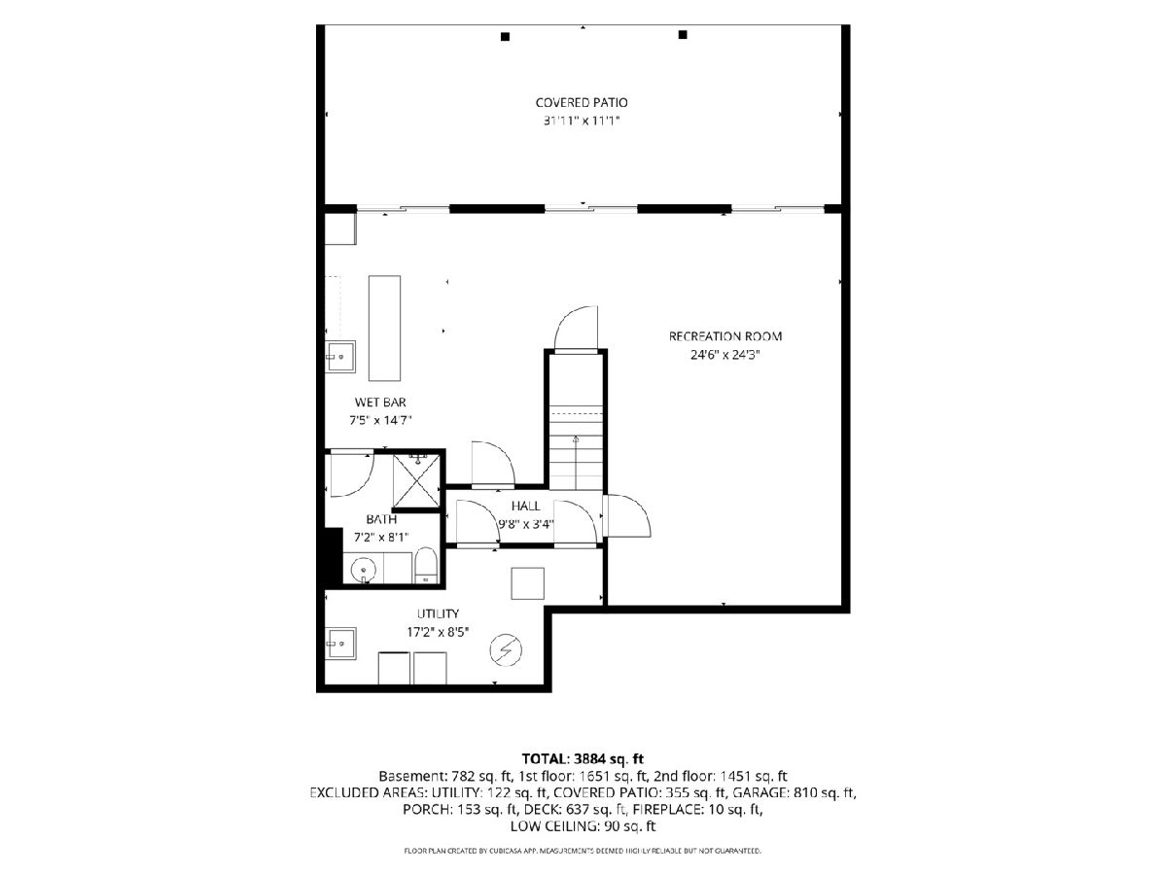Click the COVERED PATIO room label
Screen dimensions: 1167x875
(582, 102)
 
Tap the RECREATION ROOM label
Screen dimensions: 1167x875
(725, 336)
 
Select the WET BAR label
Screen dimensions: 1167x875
(380, 402)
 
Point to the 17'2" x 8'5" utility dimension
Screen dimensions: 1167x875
(438, 632)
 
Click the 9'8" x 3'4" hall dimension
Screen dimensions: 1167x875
(526, 524)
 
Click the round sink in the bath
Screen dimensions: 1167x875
(364, 570)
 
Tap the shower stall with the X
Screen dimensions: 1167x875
(417, 481)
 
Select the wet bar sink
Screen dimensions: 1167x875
(340, 357)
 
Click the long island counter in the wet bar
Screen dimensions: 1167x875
(384, 329)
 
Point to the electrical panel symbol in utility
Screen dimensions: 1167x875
(506, 650)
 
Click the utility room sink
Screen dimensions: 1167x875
(340, 644)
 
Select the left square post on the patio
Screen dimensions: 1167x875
(505, 37)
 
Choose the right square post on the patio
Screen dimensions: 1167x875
(683, 35)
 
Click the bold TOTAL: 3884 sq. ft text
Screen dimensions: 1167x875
(583, 758)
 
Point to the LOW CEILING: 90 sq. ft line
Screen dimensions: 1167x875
(583, 826)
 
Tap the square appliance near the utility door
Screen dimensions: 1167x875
(527, 583)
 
